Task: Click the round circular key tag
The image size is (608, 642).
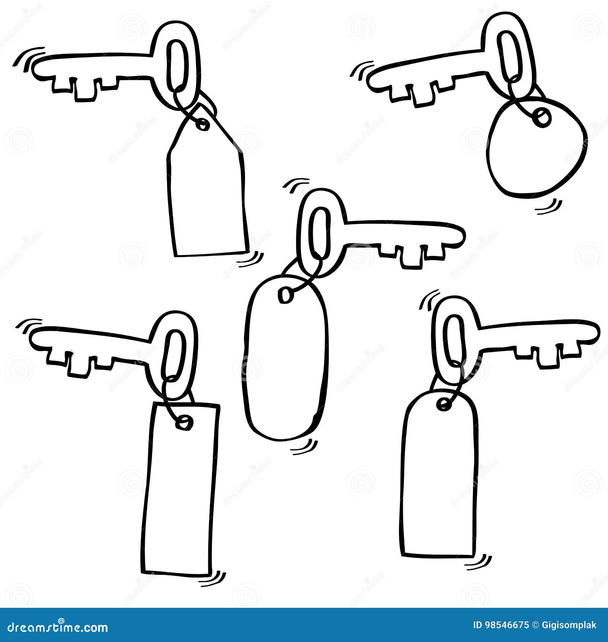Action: click(x=537, y=152)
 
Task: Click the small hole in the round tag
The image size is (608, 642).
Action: click(x=541, y=116)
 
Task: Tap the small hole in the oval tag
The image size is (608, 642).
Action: click(x=286, y=295)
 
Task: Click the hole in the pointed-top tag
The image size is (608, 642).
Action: click(x=203, y=124)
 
